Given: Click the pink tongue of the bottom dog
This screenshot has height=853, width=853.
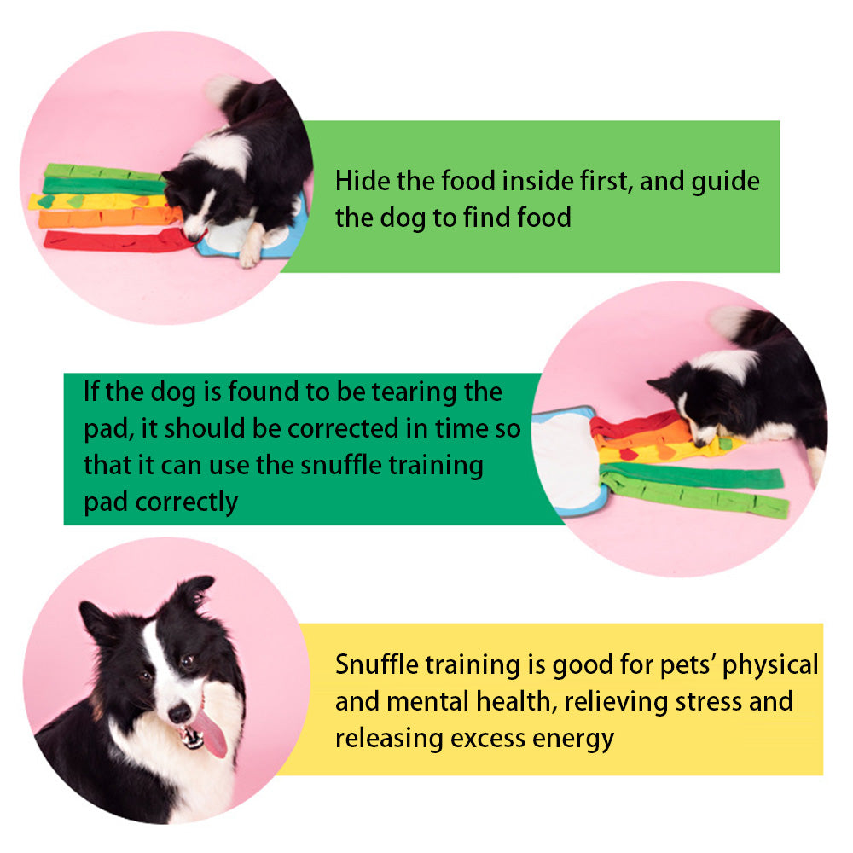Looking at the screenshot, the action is pyautogui.click(x=211, y=734).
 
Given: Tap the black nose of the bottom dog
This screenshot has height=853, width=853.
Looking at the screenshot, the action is pyautogui.click(x=179, y=712).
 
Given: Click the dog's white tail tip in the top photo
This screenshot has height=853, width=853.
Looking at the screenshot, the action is pyautogui.click(x=220, y=89).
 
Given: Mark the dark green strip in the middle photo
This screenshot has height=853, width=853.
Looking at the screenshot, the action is pyautogui.click(x=691, y=475).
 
